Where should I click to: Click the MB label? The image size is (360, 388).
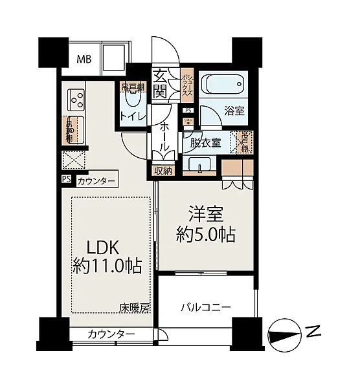coord(84,59)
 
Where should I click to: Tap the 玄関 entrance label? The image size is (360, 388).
coord(161,83)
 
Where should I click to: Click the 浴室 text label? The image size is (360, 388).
coord(234,111)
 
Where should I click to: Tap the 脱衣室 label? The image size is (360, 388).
coord(207,144)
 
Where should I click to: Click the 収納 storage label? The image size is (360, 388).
coord(163,171)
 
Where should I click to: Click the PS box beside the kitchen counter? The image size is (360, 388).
coord(66,180)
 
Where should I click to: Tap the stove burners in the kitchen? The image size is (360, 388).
coord(78,98)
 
